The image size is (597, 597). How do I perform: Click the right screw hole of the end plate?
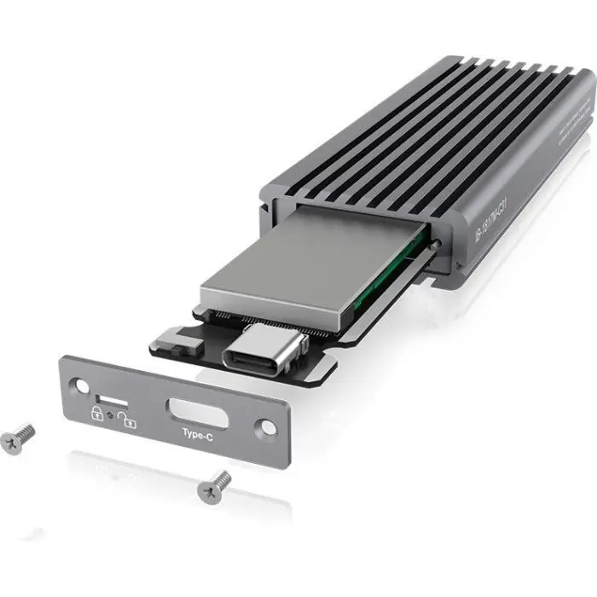click(267, 424)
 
